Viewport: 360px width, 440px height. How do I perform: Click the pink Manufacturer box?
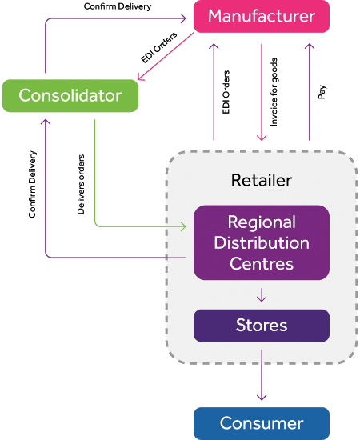point(262,16)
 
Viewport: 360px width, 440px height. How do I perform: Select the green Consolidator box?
point(70,96)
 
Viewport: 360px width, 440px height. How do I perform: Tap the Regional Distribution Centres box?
point(262,242)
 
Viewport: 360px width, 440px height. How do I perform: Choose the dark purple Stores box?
point(262,326)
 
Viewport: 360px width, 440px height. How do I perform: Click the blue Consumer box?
point(262,423)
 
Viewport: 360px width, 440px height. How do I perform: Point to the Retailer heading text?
point(262,180)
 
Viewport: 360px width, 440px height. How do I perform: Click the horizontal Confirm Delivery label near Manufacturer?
point(118,6)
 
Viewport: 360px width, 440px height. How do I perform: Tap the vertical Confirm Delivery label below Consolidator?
point(33,184)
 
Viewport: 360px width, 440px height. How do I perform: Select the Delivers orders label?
point(81,184)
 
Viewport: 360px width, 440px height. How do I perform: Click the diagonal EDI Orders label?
point(159,47)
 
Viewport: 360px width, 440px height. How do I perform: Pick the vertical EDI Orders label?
point(226,92)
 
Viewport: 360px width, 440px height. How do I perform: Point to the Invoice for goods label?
point(274,92)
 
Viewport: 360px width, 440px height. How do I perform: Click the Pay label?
point(322,92)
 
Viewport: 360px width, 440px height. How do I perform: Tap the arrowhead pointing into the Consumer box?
point(262,397)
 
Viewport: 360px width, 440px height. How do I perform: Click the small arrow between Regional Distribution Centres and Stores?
point(262,295)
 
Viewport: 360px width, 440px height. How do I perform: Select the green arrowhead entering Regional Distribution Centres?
point(183,226)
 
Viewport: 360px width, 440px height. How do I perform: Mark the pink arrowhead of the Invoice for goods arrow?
point(262,137)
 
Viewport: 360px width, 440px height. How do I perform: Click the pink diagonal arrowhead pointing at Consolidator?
point(140,77)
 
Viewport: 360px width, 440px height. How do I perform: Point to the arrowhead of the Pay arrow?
point(310,46)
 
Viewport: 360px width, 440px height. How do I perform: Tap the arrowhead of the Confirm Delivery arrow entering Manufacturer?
point(183,18)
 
